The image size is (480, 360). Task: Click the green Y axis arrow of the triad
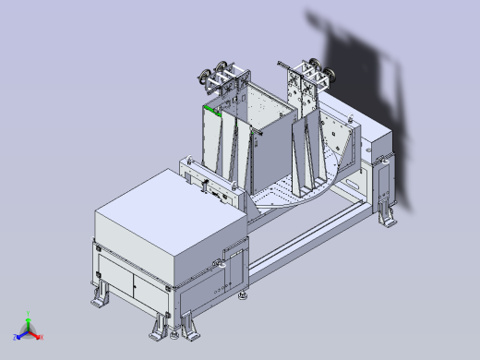28,318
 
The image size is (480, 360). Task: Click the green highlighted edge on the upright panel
211,110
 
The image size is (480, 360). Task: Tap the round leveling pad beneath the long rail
244,296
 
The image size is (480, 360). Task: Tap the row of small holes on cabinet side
220,290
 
